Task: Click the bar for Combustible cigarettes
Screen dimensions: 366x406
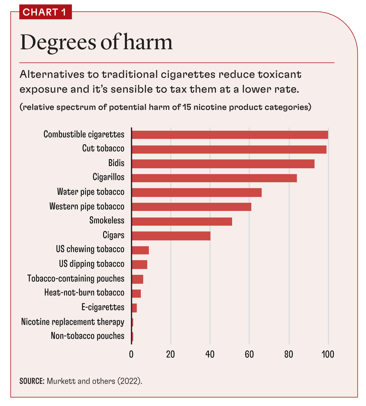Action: pyautogui.click(x=230, y=135)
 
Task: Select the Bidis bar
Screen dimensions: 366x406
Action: pyautogui.click(x=223, y=164)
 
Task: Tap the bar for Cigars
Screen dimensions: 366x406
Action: pyautogui.click(x=171, y=236)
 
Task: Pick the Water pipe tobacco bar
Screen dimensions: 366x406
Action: pyautogui.click(x=197, y=193)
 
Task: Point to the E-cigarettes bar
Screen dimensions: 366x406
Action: pyautogui.click(x=134, y=308)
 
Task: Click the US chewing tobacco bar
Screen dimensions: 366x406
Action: pyautogui.click(x=140, y=250)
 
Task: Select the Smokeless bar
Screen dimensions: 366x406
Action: pyautogui.click(x=182, y=221)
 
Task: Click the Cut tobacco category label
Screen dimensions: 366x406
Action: pyautogui.click(x=103, y=148)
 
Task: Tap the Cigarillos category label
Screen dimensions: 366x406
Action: pyautogui.click(x=108, y=177)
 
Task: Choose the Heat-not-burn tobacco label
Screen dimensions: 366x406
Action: pyautogui.click(x=84, y=293)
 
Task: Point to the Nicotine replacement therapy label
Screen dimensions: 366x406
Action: pyautogui.click(x=73, y=322)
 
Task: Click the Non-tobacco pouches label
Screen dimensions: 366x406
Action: pyautogui.click(x=88, y=336)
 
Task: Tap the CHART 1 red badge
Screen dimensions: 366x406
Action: pyautogui.click(x=45, y=12)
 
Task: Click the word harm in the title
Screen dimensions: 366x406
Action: pyautogui.click(x=148, y=42)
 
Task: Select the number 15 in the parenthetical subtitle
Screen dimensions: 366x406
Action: pyautogui.click(x=187, y=107)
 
